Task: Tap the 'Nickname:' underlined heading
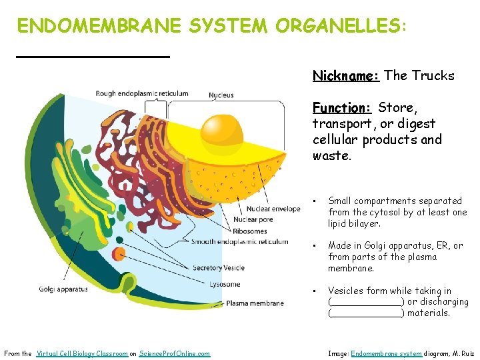click(x=346, y=76)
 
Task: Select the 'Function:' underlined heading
click(x=342, y=108)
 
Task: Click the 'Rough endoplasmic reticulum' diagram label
click(x=142, y=94)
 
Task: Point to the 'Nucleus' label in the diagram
click(x=221, y=95)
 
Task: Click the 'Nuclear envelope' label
click(x=273, y=209)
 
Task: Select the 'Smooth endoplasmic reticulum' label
click(x=240, y=242)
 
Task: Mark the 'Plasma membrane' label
click(x=255, y=303)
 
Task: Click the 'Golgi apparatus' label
click(x=63, y=289)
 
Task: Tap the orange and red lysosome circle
click(x=119, y=254)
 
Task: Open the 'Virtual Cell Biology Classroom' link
click(x=82, y=353)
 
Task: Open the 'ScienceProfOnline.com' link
click(x=175, y=353)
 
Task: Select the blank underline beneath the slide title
click(x=93, y=57)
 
